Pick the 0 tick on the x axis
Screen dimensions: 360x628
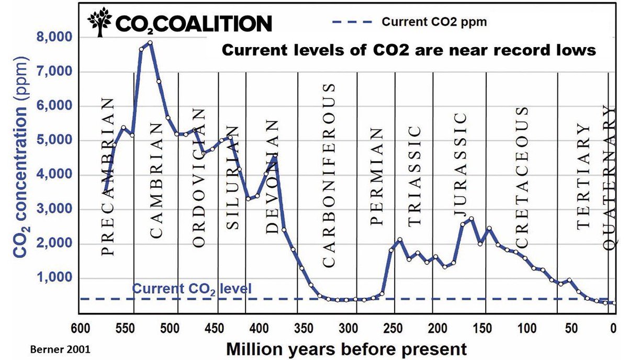[614, 330]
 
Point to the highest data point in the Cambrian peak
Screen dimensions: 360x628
[150, 43]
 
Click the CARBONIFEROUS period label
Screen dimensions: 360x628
[328, 175]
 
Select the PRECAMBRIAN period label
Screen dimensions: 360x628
[107, 176]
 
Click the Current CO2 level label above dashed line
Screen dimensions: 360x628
[192, 288]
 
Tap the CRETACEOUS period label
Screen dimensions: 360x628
[522, 178]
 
